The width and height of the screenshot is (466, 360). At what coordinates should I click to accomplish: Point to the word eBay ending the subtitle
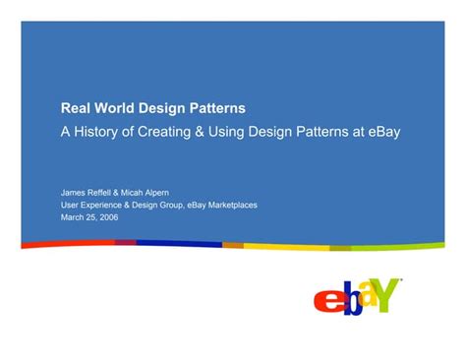click(x=382, y=130)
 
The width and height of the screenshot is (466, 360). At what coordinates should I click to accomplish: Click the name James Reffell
click(x=89, y=193)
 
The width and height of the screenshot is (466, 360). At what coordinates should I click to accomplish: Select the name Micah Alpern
click(x=157, y=193)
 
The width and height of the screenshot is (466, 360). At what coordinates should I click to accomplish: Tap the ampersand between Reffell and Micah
click(x=125, y=193)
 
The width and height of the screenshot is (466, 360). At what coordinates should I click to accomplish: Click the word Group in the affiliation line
click(x=190, y=205)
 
